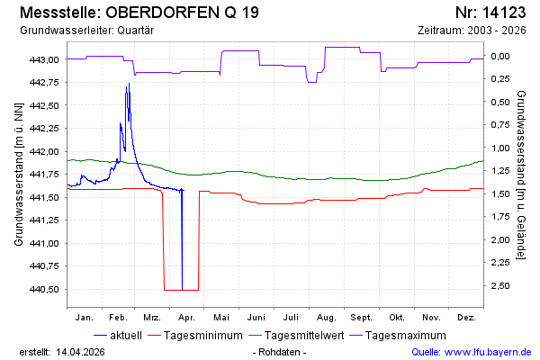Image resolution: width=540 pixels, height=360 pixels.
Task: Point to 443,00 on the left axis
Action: pos(44,59)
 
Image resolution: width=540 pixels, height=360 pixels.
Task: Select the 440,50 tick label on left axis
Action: pos(44,290)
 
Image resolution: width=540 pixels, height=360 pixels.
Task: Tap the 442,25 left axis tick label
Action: pos(44,129)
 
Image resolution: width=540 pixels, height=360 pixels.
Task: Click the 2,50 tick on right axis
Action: pos(499,286)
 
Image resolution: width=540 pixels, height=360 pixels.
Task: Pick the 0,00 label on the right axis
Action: pos(499,56)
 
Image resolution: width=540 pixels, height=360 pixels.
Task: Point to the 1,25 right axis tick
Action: pos(499,171)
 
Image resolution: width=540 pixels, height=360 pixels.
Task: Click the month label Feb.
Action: pos(119,318)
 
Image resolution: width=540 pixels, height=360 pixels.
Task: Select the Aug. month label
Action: pos(326,318)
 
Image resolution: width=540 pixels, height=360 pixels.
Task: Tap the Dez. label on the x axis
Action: pos(466,318)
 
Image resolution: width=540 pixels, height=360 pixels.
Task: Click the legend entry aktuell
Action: pos(125,336)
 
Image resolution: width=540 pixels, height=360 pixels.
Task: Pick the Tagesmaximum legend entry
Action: pos(408,336)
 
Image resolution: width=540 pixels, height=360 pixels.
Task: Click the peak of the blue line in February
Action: pos(129,84)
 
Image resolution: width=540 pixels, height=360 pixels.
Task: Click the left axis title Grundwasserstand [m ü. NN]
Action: pos(18,174)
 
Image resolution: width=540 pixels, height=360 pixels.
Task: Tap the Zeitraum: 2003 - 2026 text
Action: pos(472,31)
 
